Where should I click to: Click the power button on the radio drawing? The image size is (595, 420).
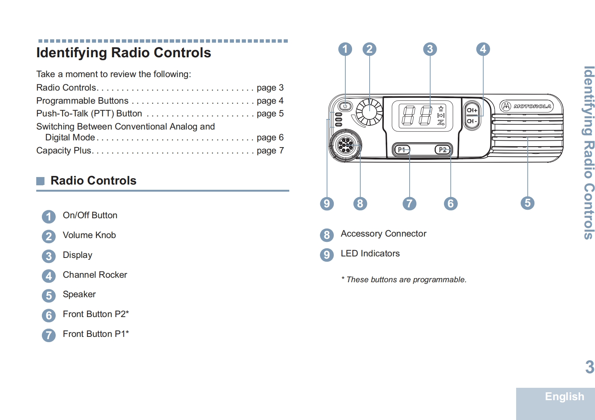pyautogui.click(x=345, y=106)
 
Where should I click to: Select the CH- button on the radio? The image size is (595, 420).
pyautogui.click(x=472, y=121)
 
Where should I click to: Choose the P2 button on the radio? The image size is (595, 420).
pyautogui.click(x=443, y=150)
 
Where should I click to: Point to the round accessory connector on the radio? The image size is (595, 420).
pyautogui.click(x=345, y=145)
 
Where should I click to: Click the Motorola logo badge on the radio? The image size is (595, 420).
pyautogui.click(x=527, y=106)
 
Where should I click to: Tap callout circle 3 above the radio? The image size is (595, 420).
pyautogui.click(x=430, y=49)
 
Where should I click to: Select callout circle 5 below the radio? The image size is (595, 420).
pyautogui.click(x=527, y=203)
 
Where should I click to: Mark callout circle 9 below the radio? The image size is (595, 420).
pyautogui.click(x=327, y=204)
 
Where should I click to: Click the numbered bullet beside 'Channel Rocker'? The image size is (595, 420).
pyautogui.click(x=49, y=276)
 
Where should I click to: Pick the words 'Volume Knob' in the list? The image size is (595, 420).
pyautogui.click(x=89, y=235)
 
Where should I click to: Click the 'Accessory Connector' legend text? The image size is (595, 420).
pyautogui.click(x=383, y=234)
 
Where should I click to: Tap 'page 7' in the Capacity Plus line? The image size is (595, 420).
pyautogui.click(x=270, y=150)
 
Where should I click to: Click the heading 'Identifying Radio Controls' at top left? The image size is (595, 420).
pyautogui.click(x=124, y=53)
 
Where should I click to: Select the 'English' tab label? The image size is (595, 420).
pyautogui.click(x=564, y=396)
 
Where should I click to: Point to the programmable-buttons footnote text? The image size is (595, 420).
pyautogui.click(x=404, y=280)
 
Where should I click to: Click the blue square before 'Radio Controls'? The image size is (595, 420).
pyautogui.click(x=40, y=181)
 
